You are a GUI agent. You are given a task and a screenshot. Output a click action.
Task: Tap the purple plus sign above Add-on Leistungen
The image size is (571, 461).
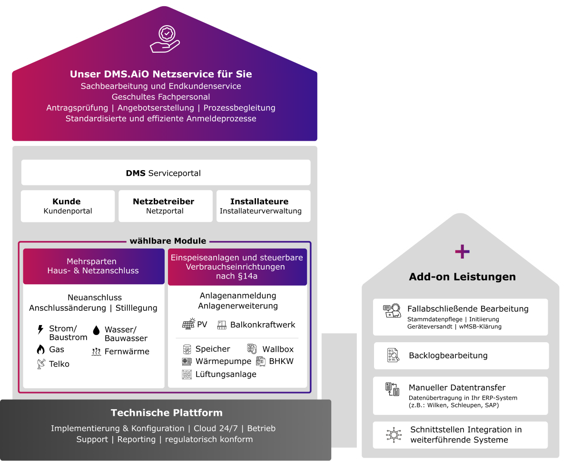(x=462, y=252)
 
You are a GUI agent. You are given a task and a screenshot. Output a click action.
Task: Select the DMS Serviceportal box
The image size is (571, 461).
(x=166, y=173)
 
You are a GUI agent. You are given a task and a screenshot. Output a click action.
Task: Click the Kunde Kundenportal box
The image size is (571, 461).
(x=68, y=206)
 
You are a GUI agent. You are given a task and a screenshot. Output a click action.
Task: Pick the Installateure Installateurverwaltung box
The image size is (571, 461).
(x=263, y=206)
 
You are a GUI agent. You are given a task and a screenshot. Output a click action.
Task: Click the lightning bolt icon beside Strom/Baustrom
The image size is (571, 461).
(x=40, y=329)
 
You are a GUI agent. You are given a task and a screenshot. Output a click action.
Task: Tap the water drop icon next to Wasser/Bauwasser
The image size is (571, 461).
(x=96, y=330)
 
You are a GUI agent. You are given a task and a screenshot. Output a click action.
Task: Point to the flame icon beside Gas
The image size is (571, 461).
(x=40, y=349)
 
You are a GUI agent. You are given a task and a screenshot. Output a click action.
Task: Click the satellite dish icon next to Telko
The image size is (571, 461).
(x=40, y=364)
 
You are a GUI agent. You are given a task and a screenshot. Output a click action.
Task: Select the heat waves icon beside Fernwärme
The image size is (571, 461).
(x=96, y=352)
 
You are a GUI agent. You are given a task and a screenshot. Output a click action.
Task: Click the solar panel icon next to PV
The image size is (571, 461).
(x=188, y=324)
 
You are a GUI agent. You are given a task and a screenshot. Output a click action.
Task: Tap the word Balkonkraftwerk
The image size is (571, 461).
(x=263, y=325)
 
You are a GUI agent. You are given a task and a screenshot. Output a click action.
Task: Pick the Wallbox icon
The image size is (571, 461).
(x=252, y=349)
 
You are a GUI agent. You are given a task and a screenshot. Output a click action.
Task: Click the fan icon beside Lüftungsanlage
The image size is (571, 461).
(x=187, y=375)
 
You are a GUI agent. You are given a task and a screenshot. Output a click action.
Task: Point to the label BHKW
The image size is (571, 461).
(x=281, y=361)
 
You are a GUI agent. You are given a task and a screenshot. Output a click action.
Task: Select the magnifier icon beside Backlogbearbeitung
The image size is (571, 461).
(x=393, y=355)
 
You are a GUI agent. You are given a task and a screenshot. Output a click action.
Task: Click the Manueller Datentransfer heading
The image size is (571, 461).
(x=457, y=388)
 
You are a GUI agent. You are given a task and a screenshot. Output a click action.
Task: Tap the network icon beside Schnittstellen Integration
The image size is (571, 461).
(x=393, y=434)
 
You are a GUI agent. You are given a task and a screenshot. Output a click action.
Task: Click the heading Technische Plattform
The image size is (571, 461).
(x=167, y=413)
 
